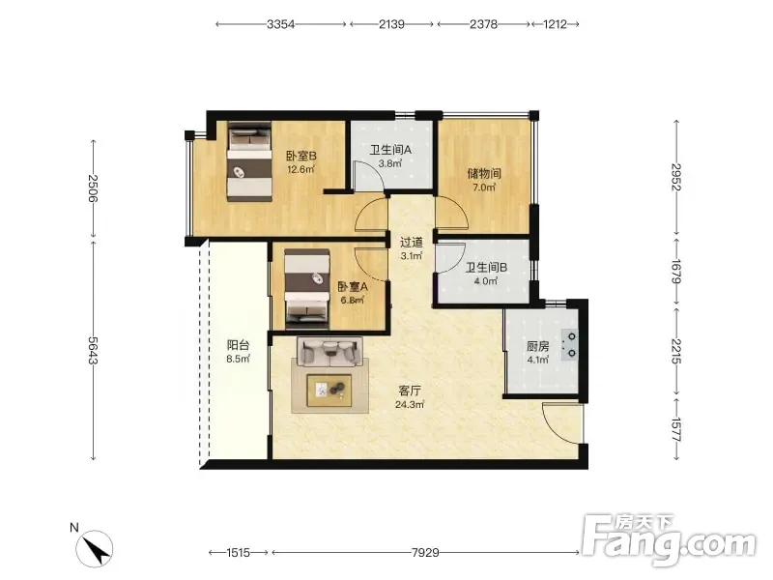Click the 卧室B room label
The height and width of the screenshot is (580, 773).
click(301, 157)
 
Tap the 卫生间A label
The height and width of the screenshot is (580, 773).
click(390, 150)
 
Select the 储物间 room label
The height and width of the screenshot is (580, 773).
click(484, 174)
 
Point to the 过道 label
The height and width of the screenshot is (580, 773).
click(412, 243)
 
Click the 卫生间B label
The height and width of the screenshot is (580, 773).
click(487, 268)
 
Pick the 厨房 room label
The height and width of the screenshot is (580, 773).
click(538, 346)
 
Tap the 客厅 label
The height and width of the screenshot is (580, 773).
click(410, 391)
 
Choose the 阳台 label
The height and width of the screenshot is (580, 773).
click(238, 345)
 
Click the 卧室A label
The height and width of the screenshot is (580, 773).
click(352, 286)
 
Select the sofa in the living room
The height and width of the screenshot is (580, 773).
click(329, 352)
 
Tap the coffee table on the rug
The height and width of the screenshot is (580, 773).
click(329, 391)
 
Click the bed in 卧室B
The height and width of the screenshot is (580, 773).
click(249, 161)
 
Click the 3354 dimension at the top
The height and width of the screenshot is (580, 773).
click(280, 24)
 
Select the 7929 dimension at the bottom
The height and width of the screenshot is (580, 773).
click(425, 552)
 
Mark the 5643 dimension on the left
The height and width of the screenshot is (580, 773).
click(93, 351)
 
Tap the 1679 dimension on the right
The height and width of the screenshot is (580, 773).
click(676, 272)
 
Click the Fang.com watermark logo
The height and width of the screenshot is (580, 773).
click(669, 539)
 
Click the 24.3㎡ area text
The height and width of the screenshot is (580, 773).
click(410, 405)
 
